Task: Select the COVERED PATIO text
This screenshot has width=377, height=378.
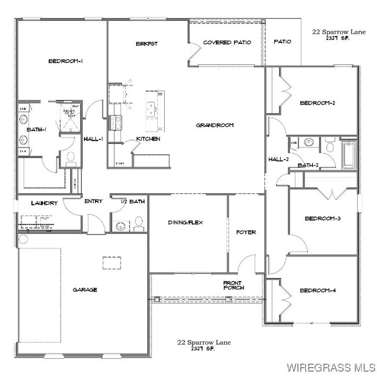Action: [227, 43]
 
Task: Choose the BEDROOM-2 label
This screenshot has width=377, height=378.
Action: [318, 103]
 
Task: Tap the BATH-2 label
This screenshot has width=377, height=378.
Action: [308, 165]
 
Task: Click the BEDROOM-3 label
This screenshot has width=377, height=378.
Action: [322, 218]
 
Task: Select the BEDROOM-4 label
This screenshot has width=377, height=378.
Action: [318, 290]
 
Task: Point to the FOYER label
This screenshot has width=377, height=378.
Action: [246, 232]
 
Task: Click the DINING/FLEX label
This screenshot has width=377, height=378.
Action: [185, 222]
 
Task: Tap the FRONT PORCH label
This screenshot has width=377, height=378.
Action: [234, 285]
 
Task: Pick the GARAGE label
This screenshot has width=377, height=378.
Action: [85, 289]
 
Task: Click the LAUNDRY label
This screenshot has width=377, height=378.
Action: [45, 203]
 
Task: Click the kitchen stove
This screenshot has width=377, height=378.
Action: [114, 121]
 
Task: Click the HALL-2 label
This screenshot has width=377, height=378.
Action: [279, 159]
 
